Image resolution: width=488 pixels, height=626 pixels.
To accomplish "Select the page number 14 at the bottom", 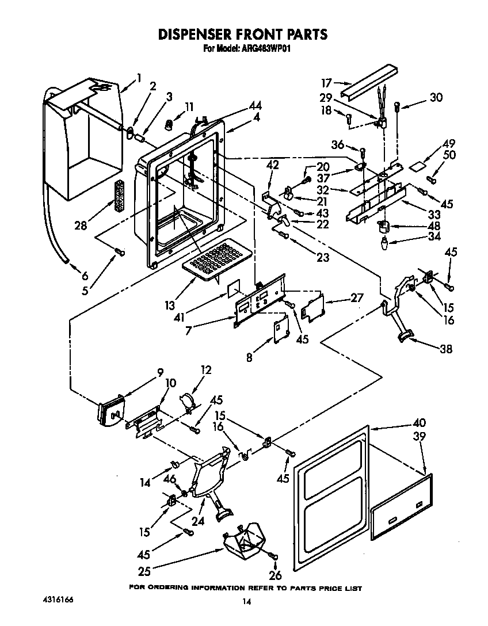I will [x=246, y=602].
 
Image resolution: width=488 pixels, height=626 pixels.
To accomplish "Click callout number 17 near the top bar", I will [x=326, y=82].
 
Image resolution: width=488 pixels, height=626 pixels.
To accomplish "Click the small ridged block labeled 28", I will [x=120, y=197].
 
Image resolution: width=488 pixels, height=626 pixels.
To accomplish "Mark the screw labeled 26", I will [x=274, y=557].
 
